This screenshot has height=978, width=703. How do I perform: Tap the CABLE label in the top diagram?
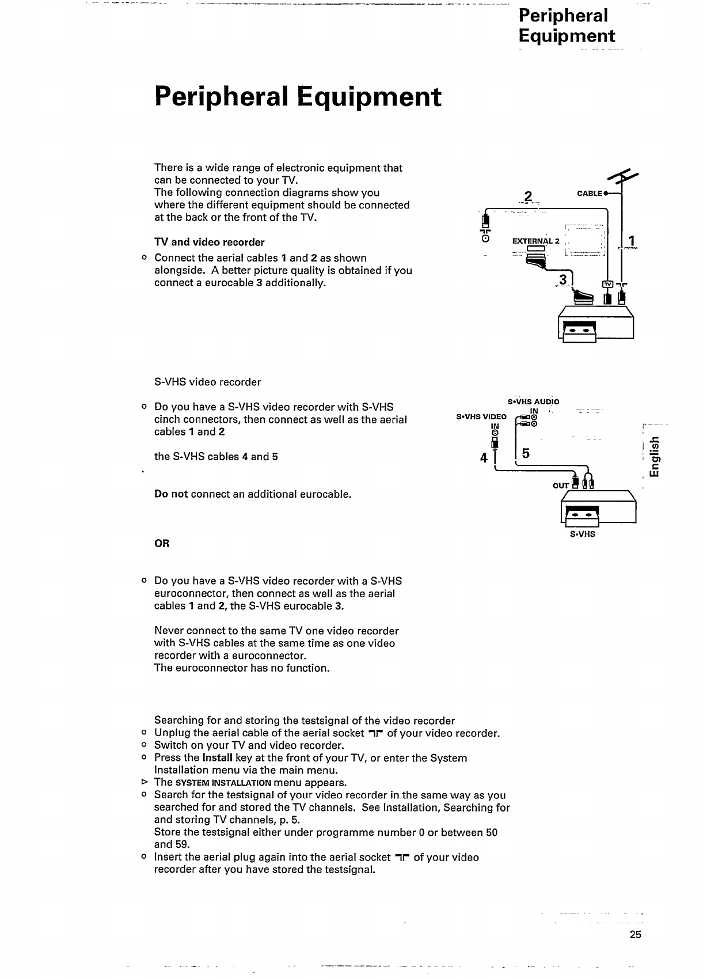[x=590, y=194]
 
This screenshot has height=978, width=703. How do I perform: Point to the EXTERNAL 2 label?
[x=535, y=241]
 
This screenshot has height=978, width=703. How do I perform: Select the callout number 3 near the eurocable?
[x=563, y=280]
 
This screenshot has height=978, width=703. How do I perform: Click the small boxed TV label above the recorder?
[x=606, y=284]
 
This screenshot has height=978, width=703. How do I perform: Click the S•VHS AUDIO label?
[x=533, y=401]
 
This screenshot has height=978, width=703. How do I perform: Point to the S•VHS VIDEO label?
[x=481, y=416]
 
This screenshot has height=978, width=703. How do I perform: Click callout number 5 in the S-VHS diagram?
[x=525, y=454]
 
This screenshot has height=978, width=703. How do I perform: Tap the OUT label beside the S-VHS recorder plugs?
[x=560, y=485]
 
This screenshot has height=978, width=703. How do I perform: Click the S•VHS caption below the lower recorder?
[x=582, y=534]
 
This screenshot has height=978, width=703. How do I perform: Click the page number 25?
[x=635, y=935]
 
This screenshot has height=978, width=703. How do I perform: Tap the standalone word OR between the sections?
[x=162, y=544]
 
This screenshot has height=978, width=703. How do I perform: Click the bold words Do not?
[x=171, y=494]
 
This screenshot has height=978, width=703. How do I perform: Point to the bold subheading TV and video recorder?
[x=209, y=242]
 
